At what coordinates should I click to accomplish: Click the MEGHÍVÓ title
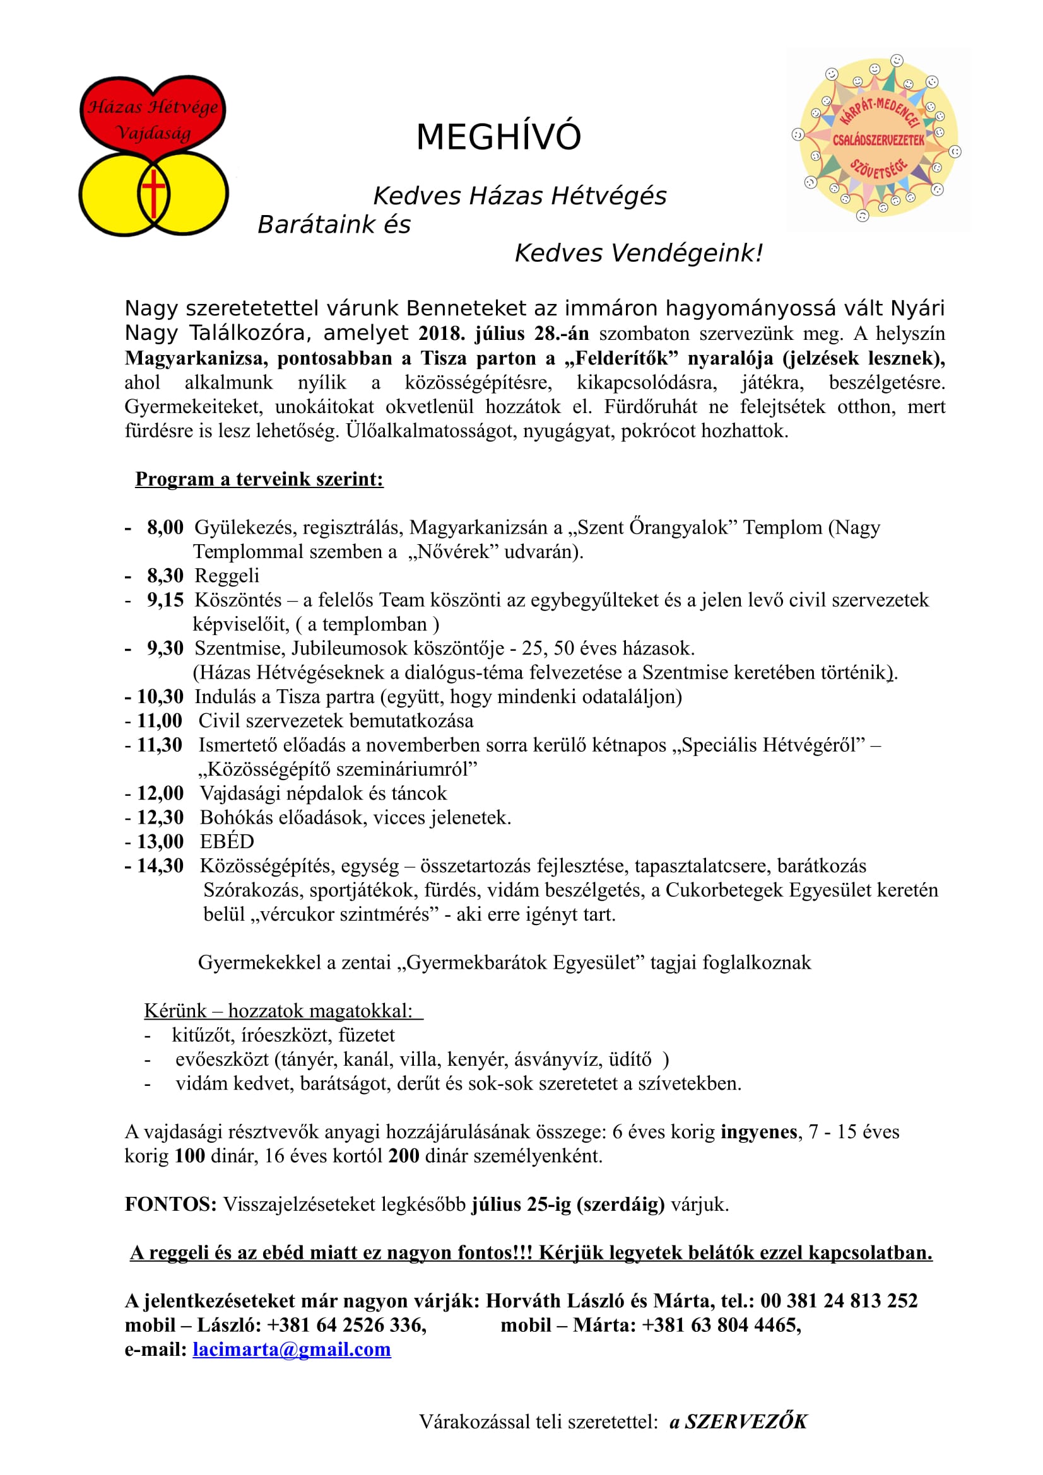pos(498,137)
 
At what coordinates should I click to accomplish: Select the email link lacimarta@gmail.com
pos(291,1349)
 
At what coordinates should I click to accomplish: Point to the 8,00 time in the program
pos(165,527)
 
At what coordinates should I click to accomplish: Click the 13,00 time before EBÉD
pos(160,842)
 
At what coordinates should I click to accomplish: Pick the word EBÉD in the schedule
pos(227,842)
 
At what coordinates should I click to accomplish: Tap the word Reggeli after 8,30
pos(227,576)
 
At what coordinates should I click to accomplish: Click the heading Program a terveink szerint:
pos(259,479)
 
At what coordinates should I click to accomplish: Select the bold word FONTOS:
pos(171,1204)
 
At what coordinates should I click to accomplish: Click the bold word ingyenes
pos(759,1131)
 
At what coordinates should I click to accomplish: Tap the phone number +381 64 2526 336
pos(346,1325)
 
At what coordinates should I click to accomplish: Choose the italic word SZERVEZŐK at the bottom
pos(745,1421)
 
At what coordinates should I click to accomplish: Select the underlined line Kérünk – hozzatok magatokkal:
pos(283,1010)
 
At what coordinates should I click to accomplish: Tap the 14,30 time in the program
pos(160,866)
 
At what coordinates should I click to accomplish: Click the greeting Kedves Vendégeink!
pos(639,253)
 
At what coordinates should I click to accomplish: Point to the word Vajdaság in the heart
pos(153,133)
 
